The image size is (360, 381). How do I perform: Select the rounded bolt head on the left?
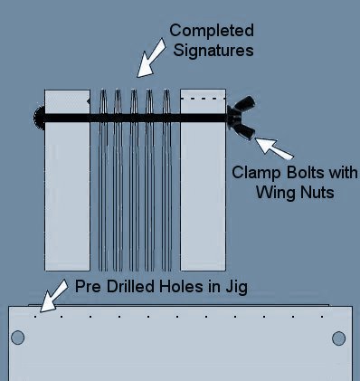[38, 117]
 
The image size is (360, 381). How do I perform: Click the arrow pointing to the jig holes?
[51, 295]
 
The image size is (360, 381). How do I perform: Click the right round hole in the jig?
[339, 338]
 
